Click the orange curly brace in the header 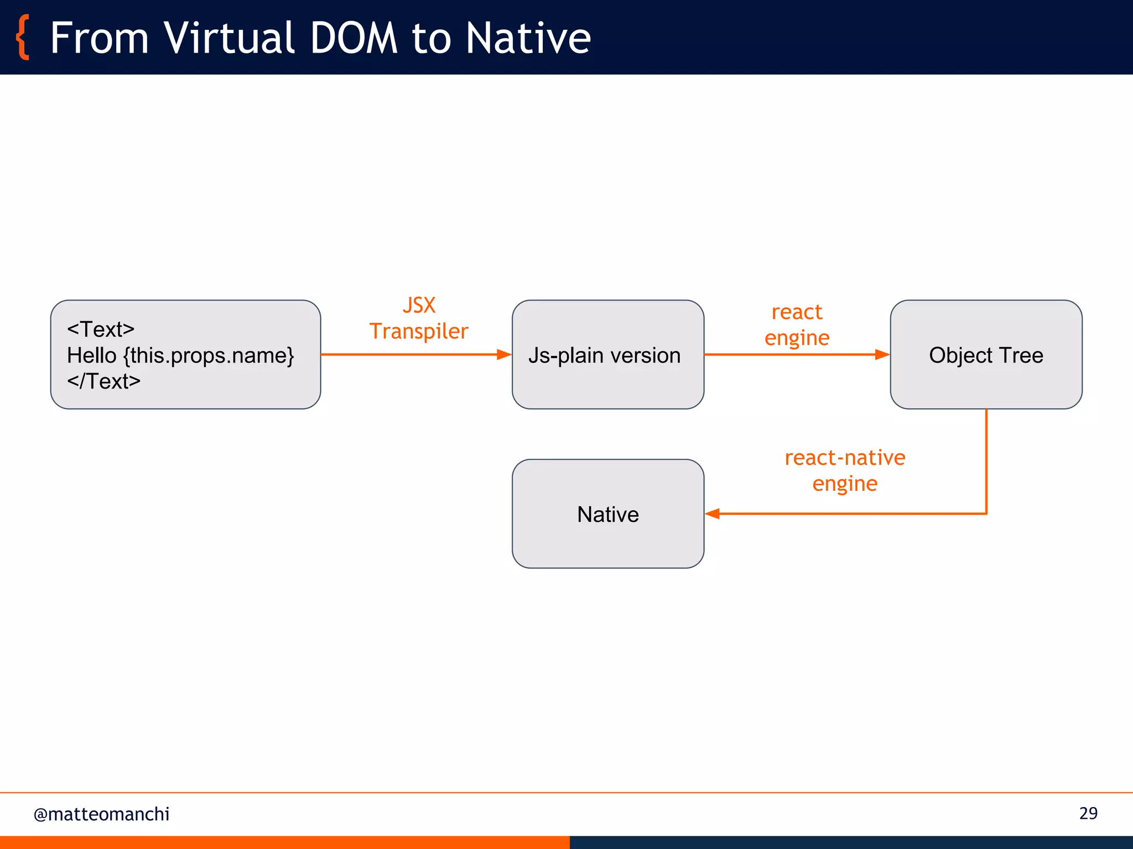pyautogui.click(x=23, y=38)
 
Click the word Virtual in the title pyautogui.click(x=229, y=38)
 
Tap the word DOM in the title pyautogui.click(x=354, y=38)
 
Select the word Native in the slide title pyautogui.click(x=528, y=38)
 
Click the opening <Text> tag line pyautogui.click(x=101, y=329)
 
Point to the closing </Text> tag pyautogui.click(x=104, y=381)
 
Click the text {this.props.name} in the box pyautogui.click(x=209, y=355)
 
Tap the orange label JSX pyautogui.click(x=419, y=306)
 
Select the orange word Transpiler pyautogui.click(x=419, y=332)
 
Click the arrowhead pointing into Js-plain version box pyautogui.click(x=504, y=354)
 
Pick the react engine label pyautogui.click(x=797, y=325)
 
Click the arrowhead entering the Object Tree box pyautogui.click(x=882, y=354)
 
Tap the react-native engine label pyautogui.click(x=845, y=470)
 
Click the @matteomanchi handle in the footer pyautogui.click(x=102, y=814)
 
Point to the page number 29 pyautogui.click(x=1088, y=813)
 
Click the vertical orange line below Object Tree pyautogui.click(x=986, y=462)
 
